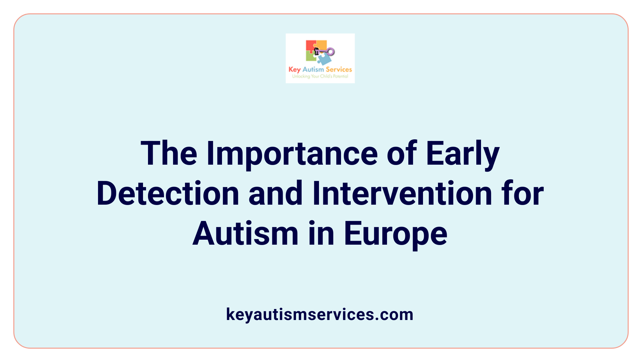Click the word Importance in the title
[292, 154]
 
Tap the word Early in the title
[463, 154]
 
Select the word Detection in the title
[168, 194]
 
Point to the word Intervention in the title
[402, 194]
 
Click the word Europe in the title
[395, 234]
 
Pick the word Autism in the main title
[245, 234]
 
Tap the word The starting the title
[169, 154]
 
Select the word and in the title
[275, 194]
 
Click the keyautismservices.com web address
[320, 314]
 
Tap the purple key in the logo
[326, 52]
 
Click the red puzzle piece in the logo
[311, 46]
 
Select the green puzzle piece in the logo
[311, 57]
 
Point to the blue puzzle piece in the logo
[324, 59]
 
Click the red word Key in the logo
[294, 70]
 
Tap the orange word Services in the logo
[339, 69]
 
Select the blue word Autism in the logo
[313, 69]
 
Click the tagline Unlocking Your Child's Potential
[320, 76]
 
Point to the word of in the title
[402, 154]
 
